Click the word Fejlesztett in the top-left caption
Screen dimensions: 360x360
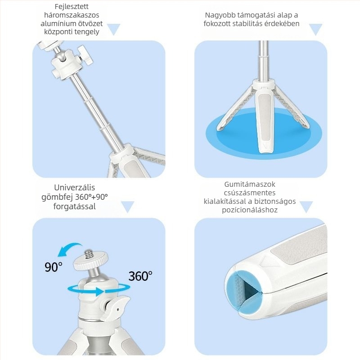[72, 7]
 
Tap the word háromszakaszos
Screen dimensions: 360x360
[72, 15]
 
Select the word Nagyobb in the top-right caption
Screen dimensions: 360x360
[220, 15]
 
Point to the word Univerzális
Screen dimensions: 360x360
[75, 188]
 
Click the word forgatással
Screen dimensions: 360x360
[75, 207]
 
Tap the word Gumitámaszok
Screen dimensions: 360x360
[250, 184]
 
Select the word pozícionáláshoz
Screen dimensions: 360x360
[250, 210]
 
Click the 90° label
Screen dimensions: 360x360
[54, 267]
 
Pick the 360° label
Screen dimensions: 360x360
[140, 276]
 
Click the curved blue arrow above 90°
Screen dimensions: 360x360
[69, 250]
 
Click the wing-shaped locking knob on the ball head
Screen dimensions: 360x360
[116, 308]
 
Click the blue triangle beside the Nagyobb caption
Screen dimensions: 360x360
[316, 29]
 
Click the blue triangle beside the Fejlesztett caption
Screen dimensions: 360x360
[114, 29]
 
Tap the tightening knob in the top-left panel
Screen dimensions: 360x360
[86, 54]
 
